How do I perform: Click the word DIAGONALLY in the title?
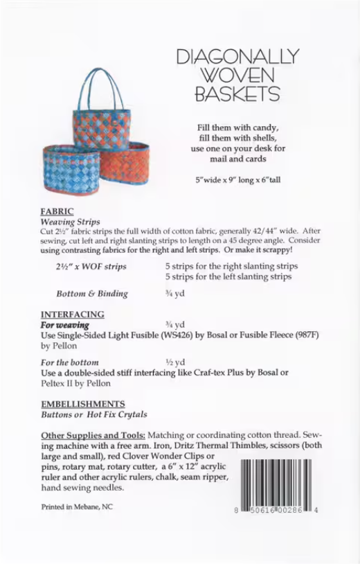[237, 57]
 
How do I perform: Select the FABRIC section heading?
[57, 211]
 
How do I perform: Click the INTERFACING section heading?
[73, 314]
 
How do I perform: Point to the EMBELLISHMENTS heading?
[83, 403]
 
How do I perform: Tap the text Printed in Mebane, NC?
[77, 506]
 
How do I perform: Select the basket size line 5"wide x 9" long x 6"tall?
[237, 180]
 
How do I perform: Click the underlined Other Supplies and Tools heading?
[93, 434]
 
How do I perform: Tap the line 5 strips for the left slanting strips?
[228, 276]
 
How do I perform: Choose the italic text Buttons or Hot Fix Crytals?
[94, 414]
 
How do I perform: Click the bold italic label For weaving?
[64, 324]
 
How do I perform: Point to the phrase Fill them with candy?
[237, 127]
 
